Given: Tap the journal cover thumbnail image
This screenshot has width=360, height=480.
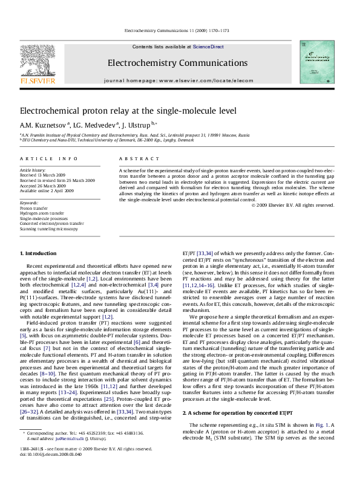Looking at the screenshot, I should (x=316, y=62).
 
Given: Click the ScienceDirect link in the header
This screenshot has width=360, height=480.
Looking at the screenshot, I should (x=208, y=47).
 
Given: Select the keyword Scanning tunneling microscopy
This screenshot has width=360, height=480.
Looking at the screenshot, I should (x=49, y=229).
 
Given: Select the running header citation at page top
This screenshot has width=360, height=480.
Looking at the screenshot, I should (x=179, y=30).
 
